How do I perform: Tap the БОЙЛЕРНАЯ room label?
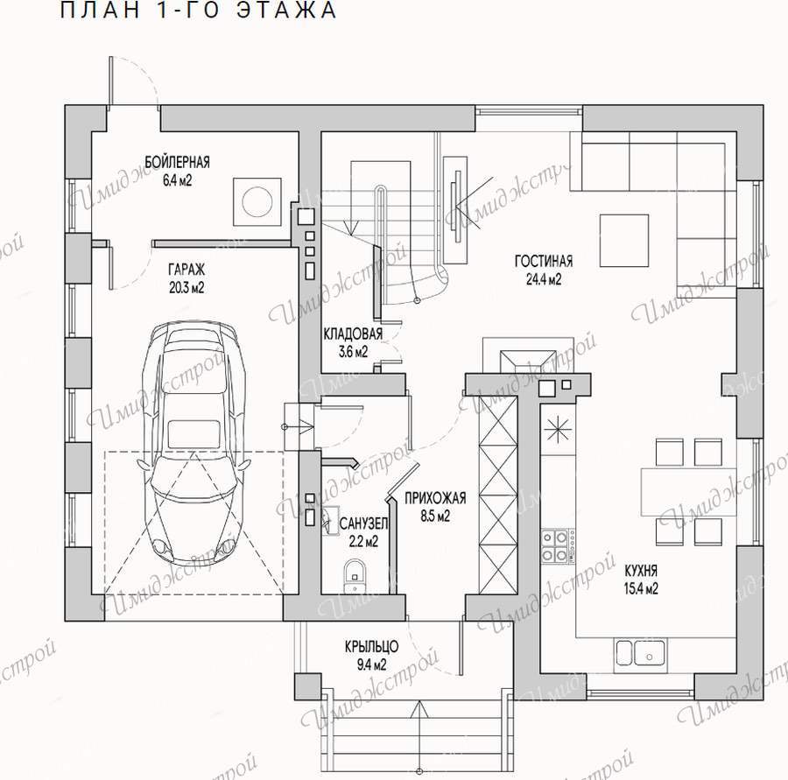click(177, 162)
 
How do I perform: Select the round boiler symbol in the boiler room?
click(257, 200)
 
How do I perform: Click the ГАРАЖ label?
click(186, 270)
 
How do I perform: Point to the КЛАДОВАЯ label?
click(353, 334)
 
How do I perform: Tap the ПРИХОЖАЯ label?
click(435, 497)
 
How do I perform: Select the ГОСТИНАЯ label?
click(543, 261)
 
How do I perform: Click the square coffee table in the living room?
click(624, 240)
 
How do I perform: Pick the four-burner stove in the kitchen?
click(554, 545)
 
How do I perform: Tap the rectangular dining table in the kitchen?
click(688, 493)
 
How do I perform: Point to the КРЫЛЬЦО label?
click(371, 646)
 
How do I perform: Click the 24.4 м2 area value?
click(543, 279)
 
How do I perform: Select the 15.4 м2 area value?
click(641, 588)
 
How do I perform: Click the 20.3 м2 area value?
click(186, 288)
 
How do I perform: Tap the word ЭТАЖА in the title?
click(286, 10)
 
